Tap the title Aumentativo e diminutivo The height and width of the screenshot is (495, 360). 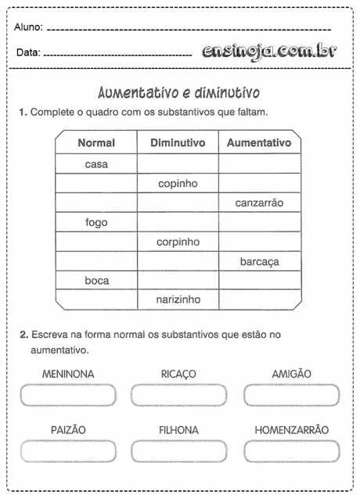(179, 93)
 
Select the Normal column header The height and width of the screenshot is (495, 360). (96, 143)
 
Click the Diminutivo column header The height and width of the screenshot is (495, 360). (178, 143)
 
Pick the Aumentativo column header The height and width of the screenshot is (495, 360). (259, 143)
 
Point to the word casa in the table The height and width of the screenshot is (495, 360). (96, 164)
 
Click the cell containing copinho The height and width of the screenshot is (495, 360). (178, 184)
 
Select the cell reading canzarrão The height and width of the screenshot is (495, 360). (259, 203)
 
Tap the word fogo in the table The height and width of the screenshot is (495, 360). (96, 223)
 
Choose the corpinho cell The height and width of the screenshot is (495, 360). (178, 242)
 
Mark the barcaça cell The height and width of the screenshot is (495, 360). (259, 262)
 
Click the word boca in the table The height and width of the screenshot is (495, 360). (96, 281)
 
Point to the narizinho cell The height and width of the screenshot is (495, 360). (178, 300)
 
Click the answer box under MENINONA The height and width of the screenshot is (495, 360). (68, 395)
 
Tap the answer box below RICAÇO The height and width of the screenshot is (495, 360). (178, 395)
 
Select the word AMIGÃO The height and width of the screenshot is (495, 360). (291, 375)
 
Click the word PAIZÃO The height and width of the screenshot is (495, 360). (68, 430)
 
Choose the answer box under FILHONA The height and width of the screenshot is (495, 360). (178, 451)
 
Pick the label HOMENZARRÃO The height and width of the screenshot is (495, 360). (291, 430)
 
